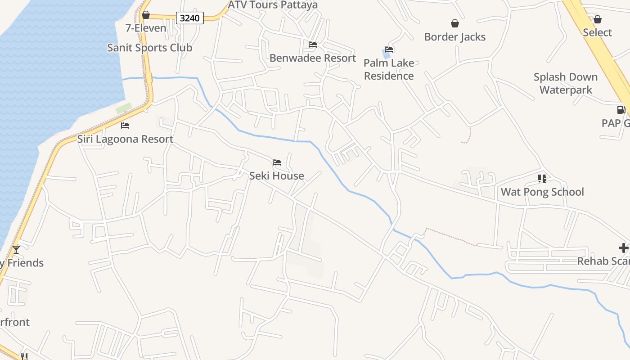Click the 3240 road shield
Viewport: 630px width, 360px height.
pos(189,18)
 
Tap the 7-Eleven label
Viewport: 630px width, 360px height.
pos(146,28)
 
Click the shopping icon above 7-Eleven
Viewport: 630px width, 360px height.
pos(146,15)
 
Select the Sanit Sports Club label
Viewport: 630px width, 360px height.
pos(149,48)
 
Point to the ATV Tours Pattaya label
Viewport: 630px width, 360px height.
pos(273,5)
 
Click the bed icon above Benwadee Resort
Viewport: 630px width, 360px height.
pos(313,45)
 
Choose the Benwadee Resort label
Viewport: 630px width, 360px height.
pos(313,58)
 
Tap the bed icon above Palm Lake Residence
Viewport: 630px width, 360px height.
pos(389,49)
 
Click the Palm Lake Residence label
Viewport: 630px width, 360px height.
pos(389,69)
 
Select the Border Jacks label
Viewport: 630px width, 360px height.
pos(455,37)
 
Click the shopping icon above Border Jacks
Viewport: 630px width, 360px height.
pos(455,23)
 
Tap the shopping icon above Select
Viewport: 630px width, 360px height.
pos(598,19)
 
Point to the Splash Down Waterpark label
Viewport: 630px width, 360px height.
pos(566,83)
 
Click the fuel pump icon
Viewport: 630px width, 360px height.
pos(621,109)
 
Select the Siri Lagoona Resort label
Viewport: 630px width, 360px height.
pos(125,139)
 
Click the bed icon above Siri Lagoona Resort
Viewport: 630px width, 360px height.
pos(125,126)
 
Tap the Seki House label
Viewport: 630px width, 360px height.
pos(277,176)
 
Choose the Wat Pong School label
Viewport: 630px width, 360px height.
pos(542,192)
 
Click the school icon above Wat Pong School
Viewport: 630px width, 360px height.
pos(542,179)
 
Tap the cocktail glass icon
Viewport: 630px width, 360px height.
pos(16,249)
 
